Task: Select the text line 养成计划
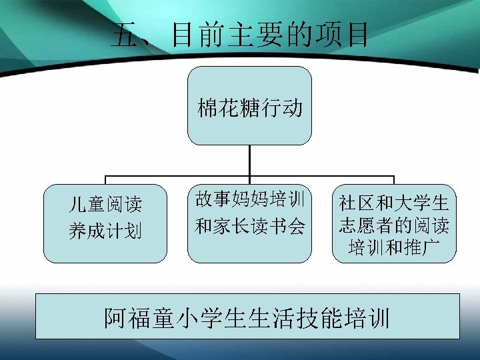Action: click(105, 231)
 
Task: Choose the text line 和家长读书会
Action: click(249, 227)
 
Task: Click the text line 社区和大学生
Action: click(394, 203)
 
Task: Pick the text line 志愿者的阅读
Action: click(394, 225)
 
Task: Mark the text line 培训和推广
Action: click(394, 248)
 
